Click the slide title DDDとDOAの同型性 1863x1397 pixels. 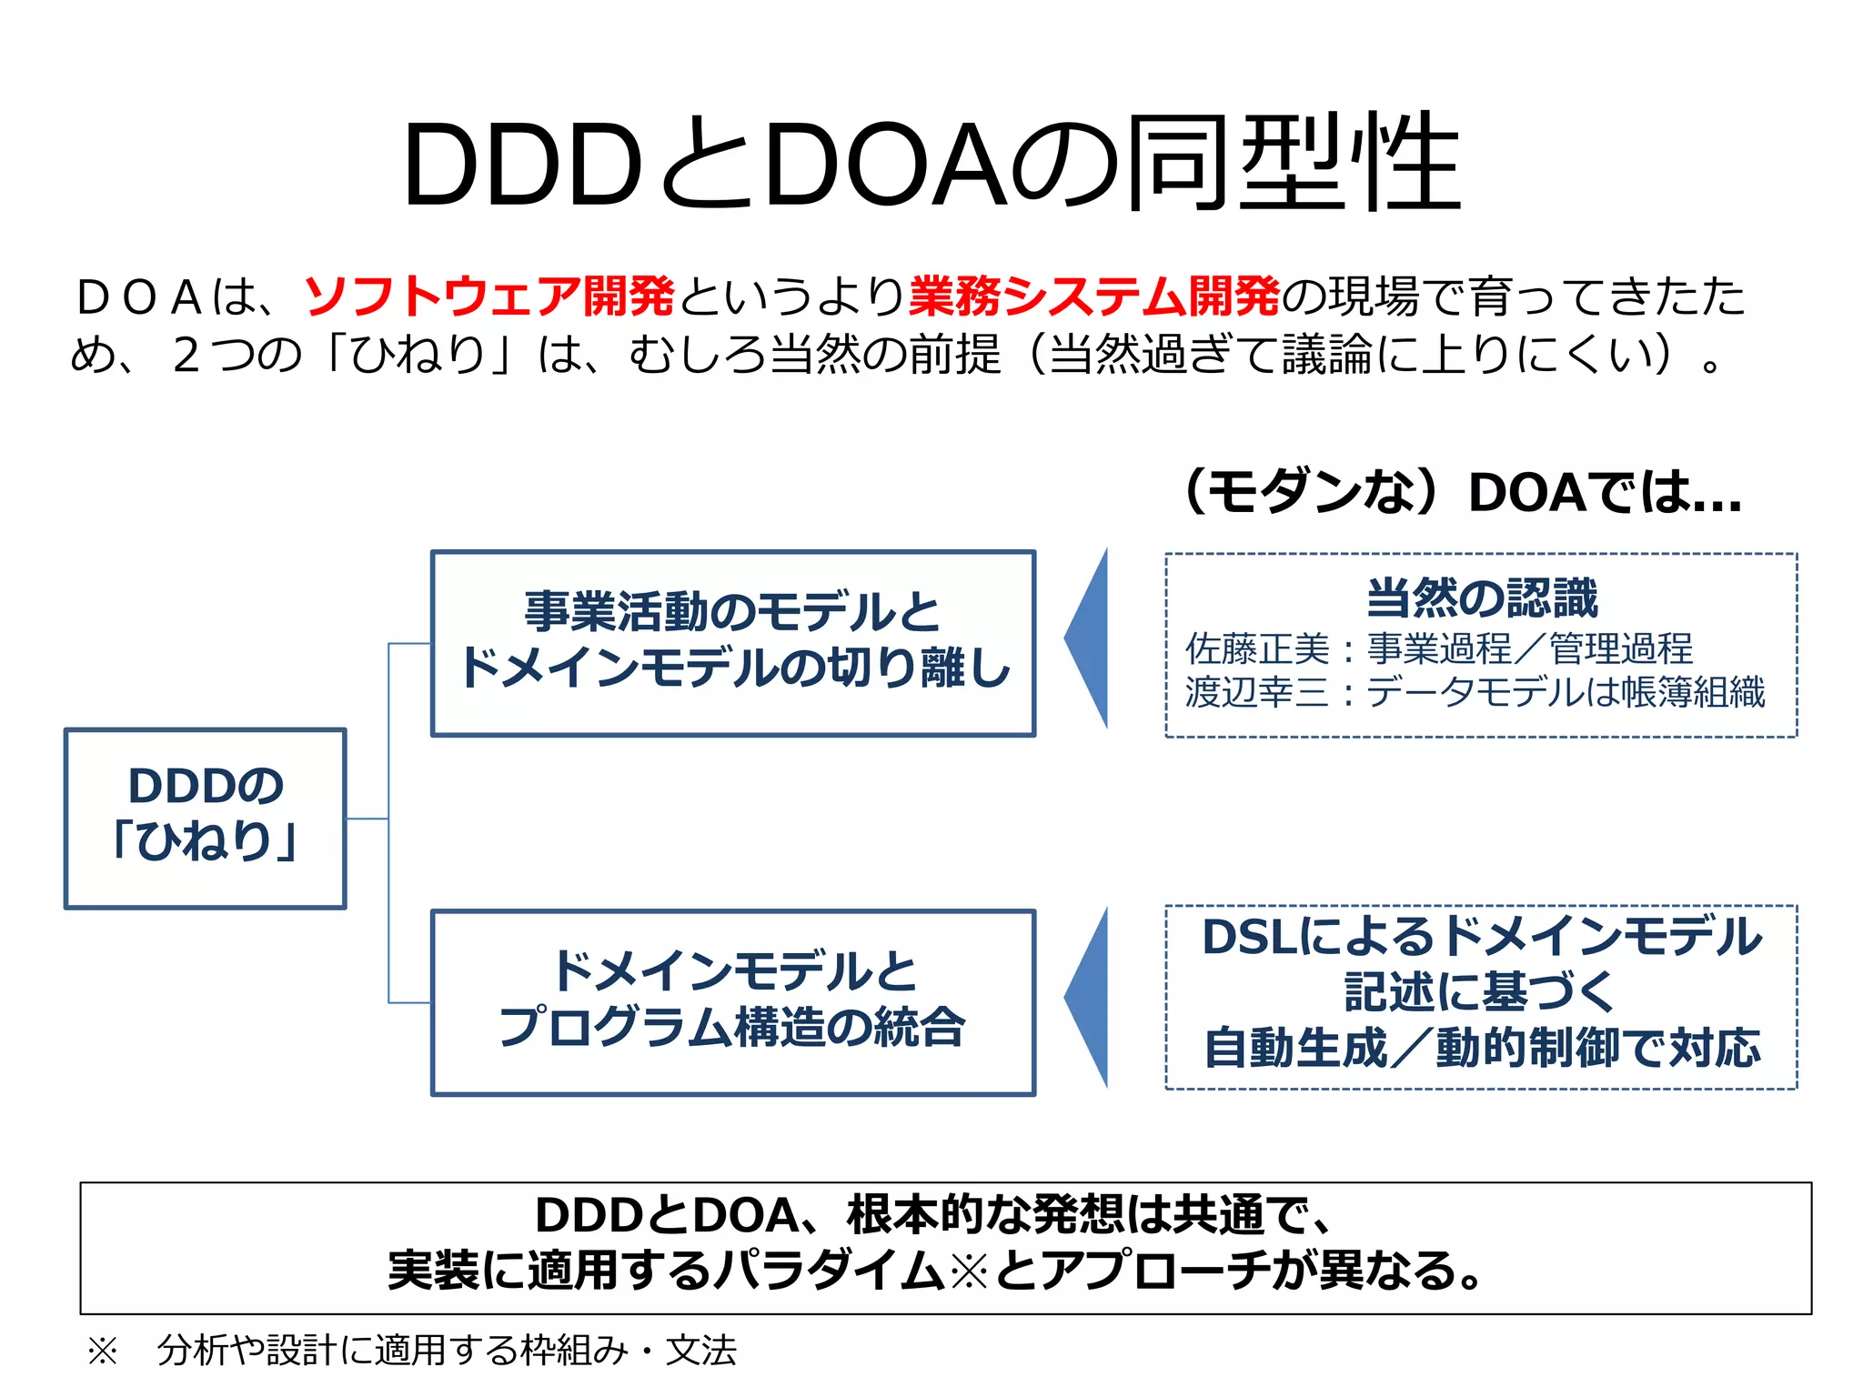click(x=931, y=164)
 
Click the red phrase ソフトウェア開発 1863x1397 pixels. click(x=489, y=296)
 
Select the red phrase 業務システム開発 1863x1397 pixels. click(x=1094, y=296)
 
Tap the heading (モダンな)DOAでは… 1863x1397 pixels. click(x=1463, y=493)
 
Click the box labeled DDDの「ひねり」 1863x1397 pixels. click(x=205, y=817)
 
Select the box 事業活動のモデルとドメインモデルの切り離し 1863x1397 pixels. click(x=733, y=642)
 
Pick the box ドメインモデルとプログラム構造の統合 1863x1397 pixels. click(x=733, y=1001)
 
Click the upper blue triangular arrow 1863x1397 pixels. click(x=1090, y=638)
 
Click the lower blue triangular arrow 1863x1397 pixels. click(x=1090, y=998)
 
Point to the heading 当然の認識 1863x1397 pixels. click(x=1482, y=598)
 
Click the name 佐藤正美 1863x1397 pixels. click(x=1257, y=649)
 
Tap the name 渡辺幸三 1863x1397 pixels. click(x=1257, y=692)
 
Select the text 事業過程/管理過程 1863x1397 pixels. click(x=1530, y=649)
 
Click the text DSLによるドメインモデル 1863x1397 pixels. click(x=1482, y=937)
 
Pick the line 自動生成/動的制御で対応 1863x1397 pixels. click(x=1482, y=1048)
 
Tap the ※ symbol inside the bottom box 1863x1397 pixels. click(x=969, y=1271)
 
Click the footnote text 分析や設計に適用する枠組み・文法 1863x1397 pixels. click(x=447, y=1351)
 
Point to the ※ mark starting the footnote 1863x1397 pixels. click(x=102, y=1351)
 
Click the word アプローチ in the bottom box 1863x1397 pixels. click(x=1154, y=1271)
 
